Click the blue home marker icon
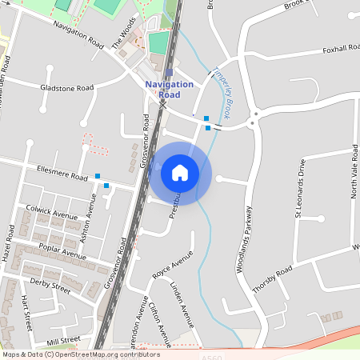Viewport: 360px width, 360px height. [x=180, y=173]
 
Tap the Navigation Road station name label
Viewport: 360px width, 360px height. [x=170, y=89]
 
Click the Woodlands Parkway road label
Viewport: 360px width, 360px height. [x=246, y=240]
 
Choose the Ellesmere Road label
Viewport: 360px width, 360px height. [x=62, y=174]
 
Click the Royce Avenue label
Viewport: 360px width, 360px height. [x=173, y=266]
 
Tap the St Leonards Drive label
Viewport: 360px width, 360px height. [x=301, y=188]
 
